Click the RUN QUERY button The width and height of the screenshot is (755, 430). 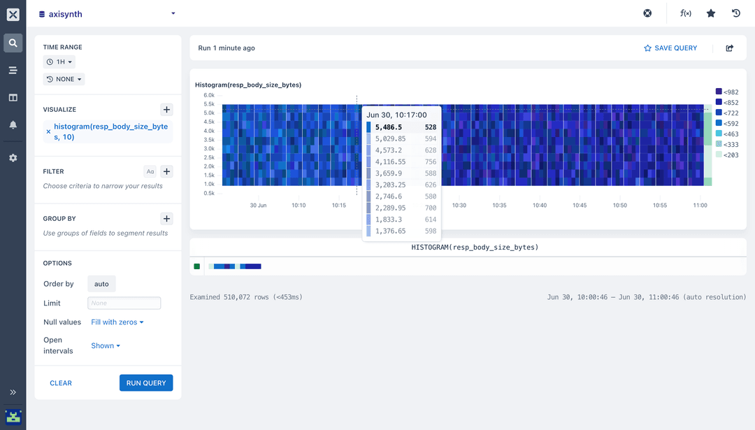point(146,383)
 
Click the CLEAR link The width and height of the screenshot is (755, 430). point(61,383)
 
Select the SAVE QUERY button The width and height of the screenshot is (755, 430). point(670,48)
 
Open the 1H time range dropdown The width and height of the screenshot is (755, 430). point(59,62)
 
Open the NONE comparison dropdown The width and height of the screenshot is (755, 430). point(64,80)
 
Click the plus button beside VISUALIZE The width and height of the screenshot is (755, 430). point(166,110)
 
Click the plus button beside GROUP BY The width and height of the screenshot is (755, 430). point(166,218)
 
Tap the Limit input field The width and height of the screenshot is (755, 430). point(124,303)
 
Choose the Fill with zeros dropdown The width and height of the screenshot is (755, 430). point(117,322)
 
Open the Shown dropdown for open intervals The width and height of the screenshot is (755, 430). point(106,346)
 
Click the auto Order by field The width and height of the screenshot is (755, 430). point(101,284)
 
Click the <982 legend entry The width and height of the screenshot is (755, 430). point(727,92)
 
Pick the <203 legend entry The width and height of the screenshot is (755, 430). point(727,155)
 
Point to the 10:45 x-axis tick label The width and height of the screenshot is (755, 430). point(580,206)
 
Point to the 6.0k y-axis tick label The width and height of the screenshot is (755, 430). point(209,95)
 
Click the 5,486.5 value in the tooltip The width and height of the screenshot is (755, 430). point(389,127)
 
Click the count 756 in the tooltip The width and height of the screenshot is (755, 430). point(430,162)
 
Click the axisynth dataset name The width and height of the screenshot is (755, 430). point(65,13)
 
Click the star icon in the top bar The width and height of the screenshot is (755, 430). point(711,13)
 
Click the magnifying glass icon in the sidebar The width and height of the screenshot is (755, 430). point(13,43)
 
